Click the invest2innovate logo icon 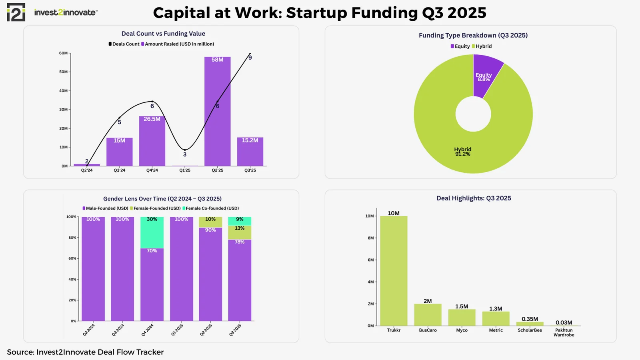pos(16,12)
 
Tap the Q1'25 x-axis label pos(185,170)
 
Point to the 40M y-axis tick pos(64,91)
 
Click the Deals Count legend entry pos(124,44)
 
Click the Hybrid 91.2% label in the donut pos(462,152)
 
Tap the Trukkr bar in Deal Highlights pos(394,272)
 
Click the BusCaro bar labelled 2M pos(428,315)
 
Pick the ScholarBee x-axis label pos(530,330)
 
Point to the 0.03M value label pos(564,322)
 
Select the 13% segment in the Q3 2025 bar pos(240,232)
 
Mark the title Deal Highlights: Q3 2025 pos(474,198)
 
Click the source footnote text pos(85,352)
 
